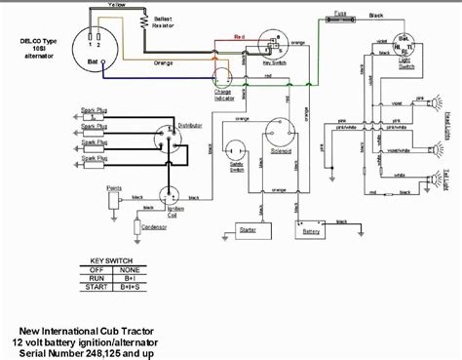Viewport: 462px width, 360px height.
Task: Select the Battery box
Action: [x=311, y=232]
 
